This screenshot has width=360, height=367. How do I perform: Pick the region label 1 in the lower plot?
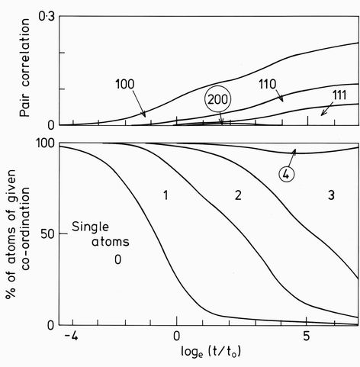pos(165,196)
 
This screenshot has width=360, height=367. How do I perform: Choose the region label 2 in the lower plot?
pos(237,196)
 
